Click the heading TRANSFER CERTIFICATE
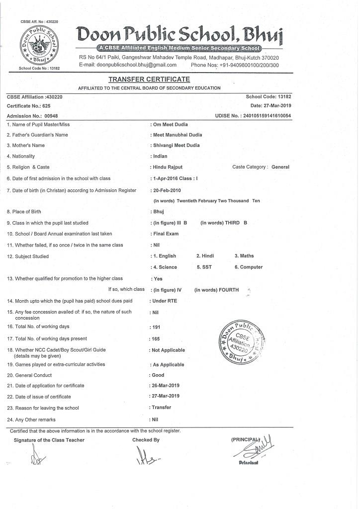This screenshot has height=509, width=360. click(x=149, y=80)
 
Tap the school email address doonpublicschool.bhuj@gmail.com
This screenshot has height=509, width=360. click(x=137, y=65)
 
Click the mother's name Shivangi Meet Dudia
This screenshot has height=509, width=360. click(x=177, y=146)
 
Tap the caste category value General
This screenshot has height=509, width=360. click(x=280, y=167)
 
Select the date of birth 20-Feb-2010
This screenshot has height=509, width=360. click(x=167, y=190)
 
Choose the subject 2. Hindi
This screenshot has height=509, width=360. click(x=205, y=256)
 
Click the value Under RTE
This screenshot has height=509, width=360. click(x=165, y=301)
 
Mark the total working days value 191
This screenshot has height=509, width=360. click(x=156, y=327)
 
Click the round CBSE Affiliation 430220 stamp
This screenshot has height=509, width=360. click(x=240, y=342)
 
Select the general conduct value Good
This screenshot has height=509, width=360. click(x=158, y=375)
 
